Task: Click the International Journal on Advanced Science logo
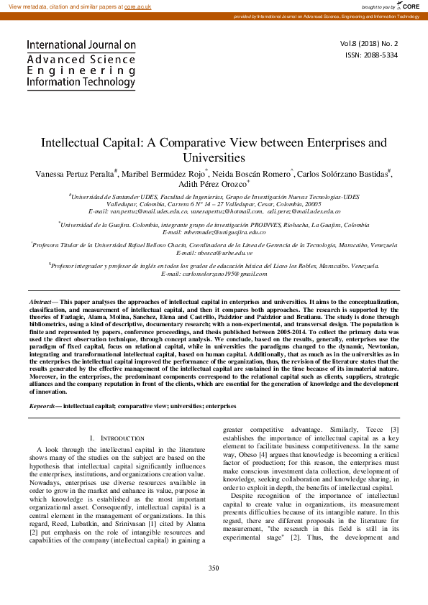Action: [x=81, y=64]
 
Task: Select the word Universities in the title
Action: [x=214, y=157]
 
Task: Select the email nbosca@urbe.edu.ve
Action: [x=214, y=254]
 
